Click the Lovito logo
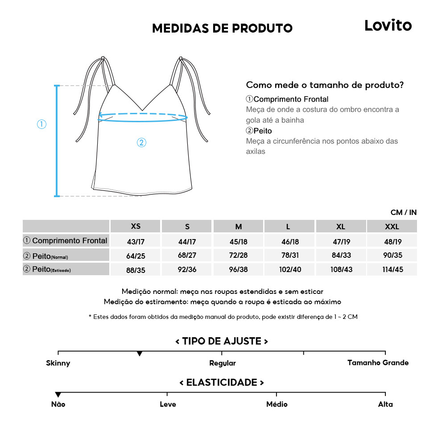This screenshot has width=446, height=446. pos(388,25)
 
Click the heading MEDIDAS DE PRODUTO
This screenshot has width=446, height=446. pos(222,29)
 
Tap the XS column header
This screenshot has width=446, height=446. pos(136,226)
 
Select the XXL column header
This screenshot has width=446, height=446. pos(392,227)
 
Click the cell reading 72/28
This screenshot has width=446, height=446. pos(238,256)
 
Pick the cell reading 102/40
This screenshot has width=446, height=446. pos(289,270)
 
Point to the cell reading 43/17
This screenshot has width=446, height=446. pos(136,242)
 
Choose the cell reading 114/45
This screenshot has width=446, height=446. pos(392,270)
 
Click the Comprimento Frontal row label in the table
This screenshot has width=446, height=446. pos(66,241)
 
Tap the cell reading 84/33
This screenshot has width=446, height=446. pos(340,256)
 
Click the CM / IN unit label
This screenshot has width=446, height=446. pos(403,212)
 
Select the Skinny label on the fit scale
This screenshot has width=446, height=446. pos(58,363)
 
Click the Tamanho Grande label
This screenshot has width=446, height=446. pos(378,363)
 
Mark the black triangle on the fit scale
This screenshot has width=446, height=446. pos(140,354)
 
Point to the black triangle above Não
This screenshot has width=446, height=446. pos(58,395)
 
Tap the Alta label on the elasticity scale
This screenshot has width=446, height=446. pos(385,404)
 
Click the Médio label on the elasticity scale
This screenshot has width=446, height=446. pos(277,404)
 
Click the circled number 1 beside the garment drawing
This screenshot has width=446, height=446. pos(41,124)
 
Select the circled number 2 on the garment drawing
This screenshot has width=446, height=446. pos(141,143)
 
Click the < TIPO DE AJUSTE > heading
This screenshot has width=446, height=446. pos(222,341)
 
